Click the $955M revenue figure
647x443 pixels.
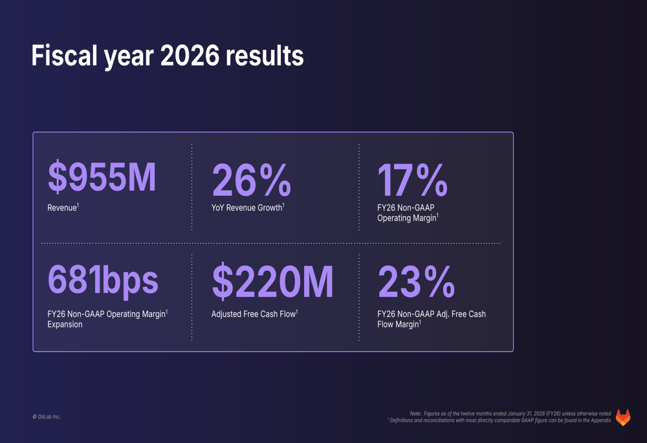(102, 178)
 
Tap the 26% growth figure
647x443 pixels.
(251, 180)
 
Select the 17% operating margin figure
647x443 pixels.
(412, 180)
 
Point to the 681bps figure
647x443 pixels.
(103, 280)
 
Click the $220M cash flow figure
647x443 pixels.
(272, 283)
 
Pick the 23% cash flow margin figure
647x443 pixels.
(416, 283)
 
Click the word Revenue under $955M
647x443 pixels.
(62, 208)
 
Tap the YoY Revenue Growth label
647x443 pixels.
(247, 208)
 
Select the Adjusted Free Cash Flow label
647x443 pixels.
(254, 314)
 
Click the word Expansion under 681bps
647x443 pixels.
(65, 325)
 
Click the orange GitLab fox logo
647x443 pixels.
(623, 417)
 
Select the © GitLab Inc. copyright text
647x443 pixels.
(47, 417)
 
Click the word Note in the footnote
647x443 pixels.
(415, 413)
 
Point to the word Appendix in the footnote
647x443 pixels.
(600, 420)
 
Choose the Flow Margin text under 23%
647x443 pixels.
(398, 325)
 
